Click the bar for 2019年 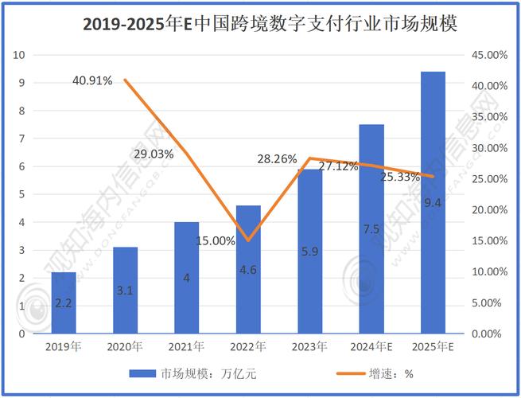63,302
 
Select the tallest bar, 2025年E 434,202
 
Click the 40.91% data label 91,80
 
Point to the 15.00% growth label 215,240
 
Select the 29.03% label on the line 154,154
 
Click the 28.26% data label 277,159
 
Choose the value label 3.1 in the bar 125,291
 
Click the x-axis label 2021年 186,346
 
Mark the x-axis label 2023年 309,346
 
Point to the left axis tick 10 20,55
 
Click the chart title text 270,24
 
